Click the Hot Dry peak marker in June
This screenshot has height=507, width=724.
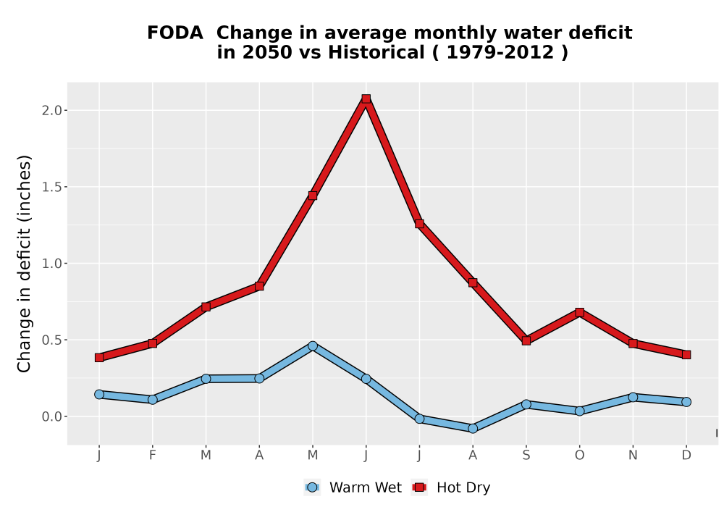[x=366, y=99]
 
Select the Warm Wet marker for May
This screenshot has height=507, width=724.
[x=313, y=346]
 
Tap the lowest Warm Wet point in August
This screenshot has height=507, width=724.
[x=473, y=429]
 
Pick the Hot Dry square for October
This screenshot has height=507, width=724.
[x=579, y=312]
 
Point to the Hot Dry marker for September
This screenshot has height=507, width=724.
[x=526, y=340]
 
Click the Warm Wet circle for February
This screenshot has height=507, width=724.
[x=152, y=399]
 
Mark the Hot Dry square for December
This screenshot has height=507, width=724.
[x=686, y=355]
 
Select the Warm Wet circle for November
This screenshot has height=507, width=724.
[x=633, y=397]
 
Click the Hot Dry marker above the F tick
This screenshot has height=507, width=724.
[x=152, y=343]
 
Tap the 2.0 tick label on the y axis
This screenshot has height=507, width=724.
[x=51, y=110]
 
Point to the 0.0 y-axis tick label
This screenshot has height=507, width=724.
[x=51, y=416]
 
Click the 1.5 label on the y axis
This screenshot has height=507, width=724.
[x=51, y=187]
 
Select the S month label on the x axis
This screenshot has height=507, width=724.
[x=526, y=456]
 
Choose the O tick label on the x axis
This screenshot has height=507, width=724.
[x=579, y=456]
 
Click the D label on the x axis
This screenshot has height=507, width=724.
[x=686, y=456]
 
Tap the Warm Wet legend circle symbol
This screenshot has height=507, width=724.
[x=313, y=487]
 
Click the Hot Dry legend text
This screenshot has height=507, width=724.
[x=463, y=487]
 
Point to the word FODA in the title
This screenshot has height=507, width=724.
[x=175, y=33]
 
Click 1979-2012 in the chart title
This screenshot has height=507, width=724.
[x=500, y=52]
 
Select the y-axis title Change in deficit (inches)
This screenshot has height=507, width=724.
[x=24, y=264]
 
